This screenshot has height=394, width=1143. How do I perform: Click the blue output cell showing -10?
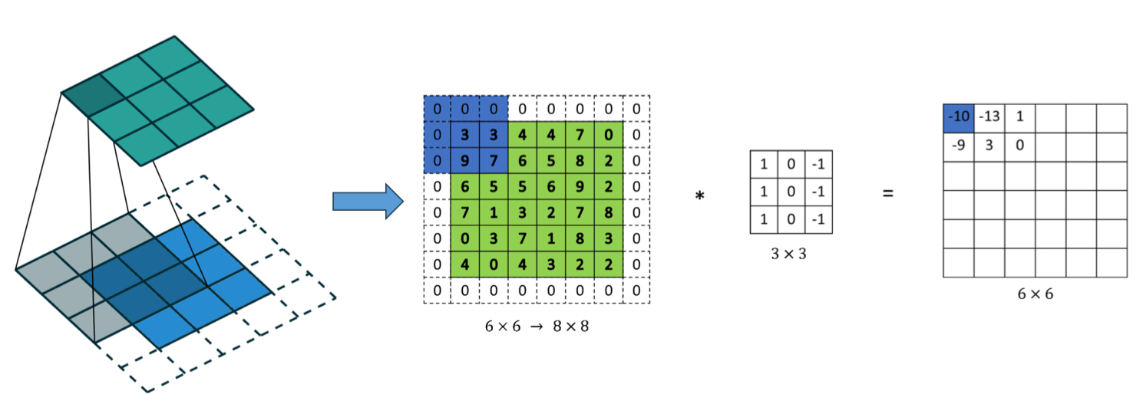point(958,117)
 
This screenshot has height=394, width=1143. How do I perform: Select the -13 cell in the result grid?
point(989,117)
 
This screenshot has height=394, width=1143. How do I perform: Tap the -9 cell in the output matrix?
point(958,145)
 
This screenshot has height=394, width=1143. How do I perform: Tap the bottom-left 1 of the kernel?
point(763,219)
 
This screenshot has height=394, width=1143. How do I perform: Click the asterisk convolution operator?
point(699,197)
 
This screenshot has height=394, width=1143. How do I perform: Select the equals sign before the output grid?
point(888,194)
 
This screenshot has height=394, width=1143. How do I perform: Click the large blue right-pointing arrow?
point(368,201)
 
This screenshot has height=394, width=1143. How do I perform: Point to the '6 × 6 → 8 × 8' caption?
point(537,325)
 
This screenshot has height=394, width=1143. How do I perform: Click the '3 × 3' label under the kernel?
point(791,254)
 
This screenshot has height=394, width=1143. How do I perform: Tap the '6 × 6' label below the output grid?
point(1034,294)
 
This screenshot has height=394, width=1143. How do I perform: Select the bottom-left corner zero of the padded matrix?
point(437,291)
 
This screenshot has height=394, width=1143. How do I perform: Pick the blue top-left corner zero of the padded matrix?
point(437,108)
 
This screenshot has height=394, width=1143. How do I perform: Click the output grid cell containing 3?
point(989,145)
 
